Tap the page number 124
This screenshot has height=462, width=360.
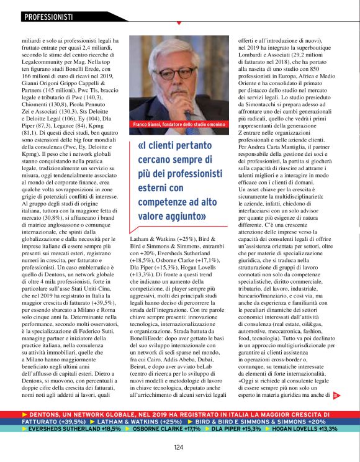tap(178, 446)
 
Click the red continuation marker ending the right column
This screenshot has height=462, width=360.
tap(353, 393)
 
